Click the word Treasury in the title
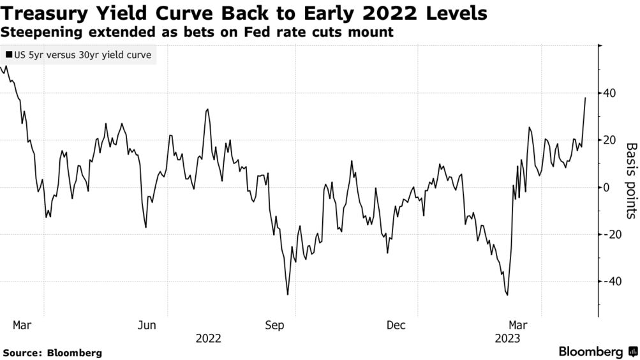pyautogui.click(x=47, y=14)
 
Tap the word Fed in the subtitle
pyautogui.click(x=260, y=32)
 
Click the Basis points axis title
pyautogui.click(x=630, y=181)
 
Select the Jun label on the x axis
pyautogui.click(x=147, y=326)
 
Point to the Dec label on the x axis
pyautogui.click(x=396, y=326)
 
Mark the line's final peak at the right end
pyautogui.click(x=585, y=98)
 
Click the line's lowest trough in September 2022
pyautogui.click(x=288, y=294)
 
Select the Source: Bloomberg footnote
pyautogui.click(x=52, y=352)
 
